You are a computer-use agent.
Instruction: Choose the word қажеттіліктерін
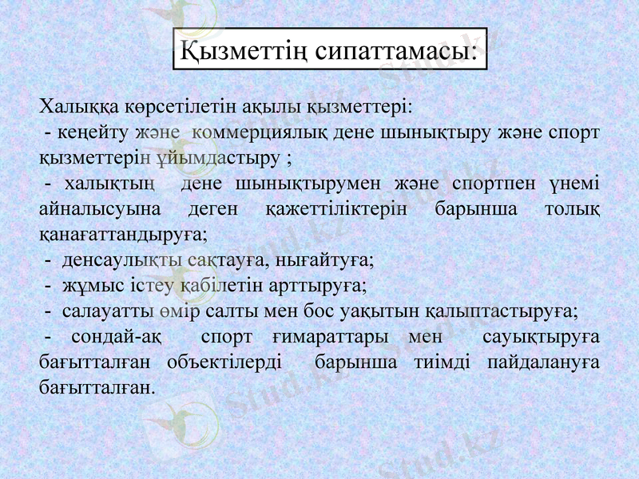(333, 209)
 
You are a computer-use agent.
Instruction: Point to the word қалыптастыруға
(506, 311)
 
